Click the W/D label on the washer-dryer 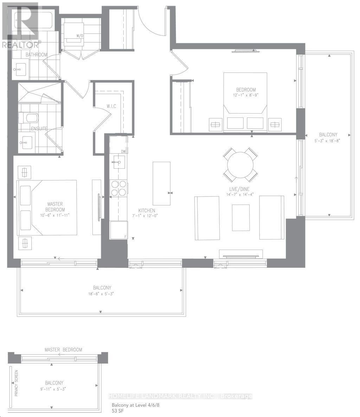point(79,35)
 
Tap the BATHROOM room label point(36,55)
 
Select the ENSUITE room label point(39,129)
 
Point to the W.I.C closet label point(111,106)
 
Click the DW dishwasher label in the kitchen point(123,152)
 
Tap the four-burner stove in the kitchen point(118,187)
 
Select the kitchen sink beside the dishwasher point(117,162)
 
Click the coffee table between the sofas point(241,218)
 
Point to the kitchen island point(161,184)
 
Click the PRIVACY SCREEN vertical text point(16,383)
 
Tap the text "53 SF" point(117,411)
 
